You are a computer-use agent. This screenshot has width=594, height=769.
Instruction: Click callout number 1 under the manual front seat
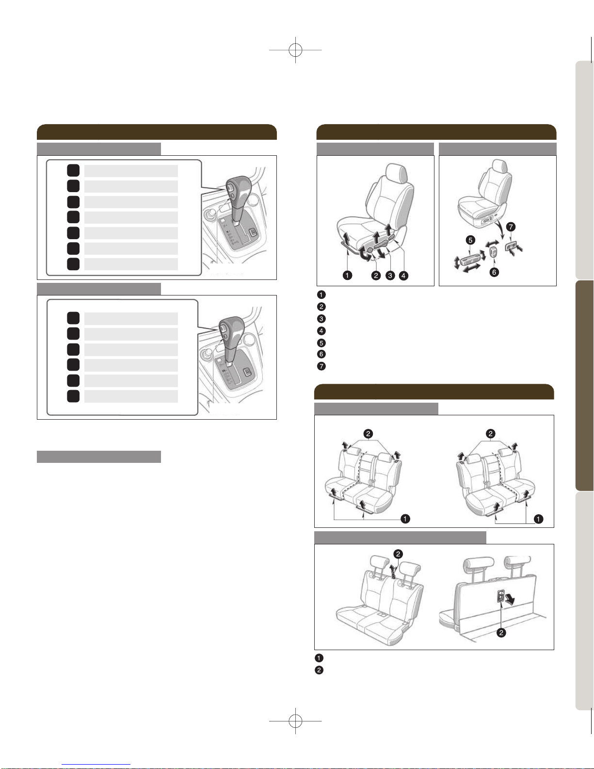[347, 275]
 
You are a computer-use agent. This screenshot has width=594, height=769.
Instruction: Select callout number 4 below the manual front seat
[403, 275]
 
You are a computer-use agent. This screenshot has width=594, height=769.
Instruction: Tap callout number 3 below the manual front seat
[390, 275]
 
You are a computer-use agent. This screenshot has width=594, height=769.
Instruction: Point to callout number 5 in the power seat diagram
[470, 240]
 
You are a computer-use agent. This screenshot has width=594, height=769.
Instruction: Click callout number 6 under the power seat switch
[494, 272]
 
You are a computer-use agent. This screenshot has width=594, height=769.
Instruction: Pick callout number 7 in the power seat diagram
[511, 227]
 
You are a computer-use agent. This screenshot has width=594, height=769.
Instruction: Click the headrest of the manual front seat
[396, 173]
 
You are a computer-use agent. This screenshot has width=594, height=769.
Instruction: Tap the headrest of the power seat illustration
[499, 166]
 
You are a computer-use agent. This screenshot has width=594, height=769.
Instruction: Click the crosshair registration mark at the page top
[295, 50]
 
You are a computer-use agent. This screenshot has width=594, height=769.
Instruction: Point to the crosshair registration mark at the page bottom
[295, 720]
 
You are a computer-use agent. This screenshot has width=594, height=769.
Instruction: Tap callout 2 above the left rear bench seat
[368, 434]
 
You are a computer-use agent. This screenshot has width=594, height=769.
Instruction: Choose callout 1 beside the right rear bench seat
[538, 519]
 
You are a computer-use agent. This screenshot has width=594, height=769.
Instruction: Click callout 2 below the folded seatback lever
[501, 632]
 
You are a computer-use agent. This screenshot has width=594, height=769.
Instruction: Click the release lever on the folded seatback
[501, 596]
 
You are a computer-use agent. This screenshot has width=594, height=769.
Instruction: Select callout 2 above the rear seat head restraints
[398, 554]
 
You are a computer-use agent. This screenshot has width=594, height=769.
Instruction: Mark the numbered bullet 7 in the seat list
[321, 366]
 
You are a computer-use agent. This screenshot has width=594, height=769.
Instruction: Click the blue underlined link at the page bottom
[96, 765]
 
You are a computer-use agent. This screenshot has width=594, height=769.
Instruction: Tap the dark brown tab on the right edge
[585, 386]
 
